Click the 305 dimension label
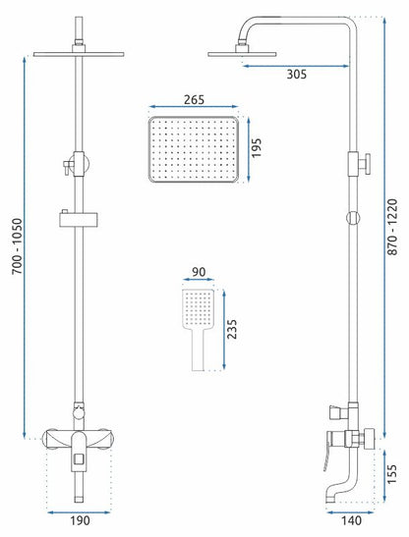297,74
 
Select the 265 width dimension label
194,100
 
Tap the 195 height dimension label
257,147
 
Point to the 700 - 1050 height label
17,246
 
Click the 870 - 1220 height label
392,227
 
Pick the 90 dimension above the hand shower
199,272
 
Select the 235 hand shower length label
232,329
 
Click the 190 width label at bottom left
80,520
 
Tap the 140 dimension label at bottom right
351,520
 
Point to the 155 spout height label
391,474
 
